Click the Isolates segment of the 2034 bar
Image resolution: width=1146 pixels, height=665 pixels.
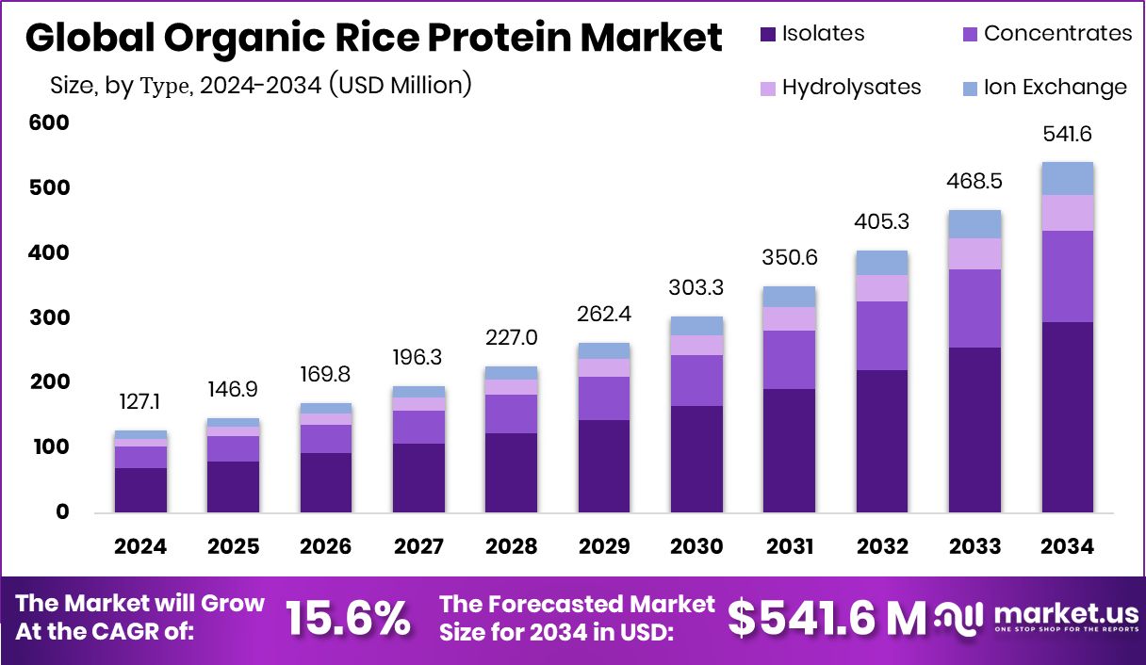tap(1067, 417)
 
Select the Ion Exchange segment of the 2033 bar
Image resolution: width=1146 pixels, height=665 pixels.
tap(974, 224)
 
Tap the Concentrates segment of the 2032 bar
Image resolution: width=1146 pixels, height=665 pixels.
tap(882, 335)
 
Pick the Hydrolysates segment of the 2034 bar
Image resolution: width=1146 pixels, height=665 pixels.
tap(1067, 213)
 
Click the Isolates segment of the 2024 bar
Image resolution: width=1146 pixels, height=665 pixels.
tap(140, 490)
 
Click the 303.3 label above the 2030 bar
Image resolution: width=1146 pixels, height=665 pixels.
tap(696, 286)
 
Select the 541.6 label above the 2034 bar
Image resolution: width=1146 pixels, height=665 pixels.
tap(1067, 135)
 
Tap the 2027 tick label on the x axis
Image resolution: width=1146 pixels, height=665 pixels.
tap(418, 546)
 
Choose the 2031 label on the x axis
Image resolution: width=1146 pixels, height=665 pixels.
tap(789, 546)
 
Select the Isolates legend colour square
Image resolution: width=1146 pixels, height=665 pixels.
tap(767, 34)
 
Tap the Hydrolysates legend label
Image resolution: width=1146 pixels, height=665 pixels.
tap(851, 88)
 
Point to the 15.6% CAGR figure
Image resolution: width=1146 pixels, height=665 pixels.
tap(348, 618)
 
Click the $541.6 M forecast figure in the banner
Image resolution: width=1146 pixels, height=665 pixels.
tap(827, 618)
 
